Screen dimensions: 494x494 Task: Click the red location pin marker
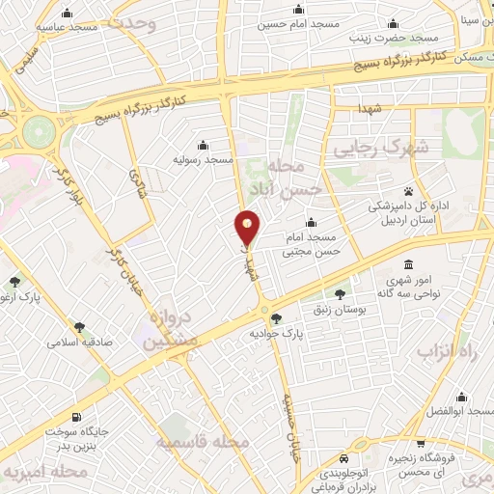[248, 228]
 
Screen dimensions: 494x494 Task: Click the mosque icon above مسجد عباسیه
[67, 14]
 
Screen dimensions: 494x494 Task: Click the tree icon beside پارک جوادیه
[277, 318]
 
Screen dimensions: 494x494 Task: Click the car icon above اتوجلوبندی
[344, 459]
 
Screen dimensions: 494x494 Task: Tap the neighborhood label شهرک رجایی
[378, 150]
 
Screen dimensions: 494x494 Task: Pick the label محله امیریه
[45, 473]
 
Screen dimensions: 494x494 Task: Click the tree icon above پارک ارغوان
[14, 282]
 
